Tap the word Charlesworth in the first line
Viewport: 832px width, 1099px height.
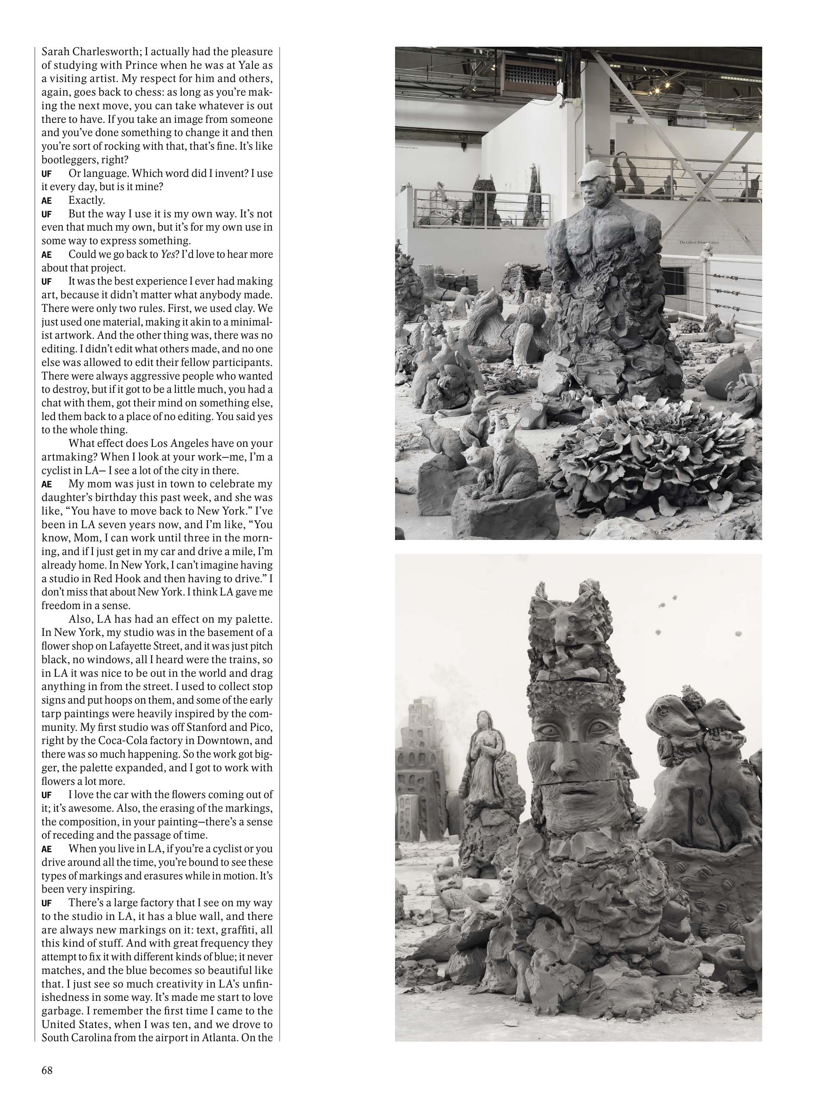click(x=95, y=51)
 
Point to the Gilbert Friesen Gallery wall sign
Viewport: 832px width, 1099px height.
click(x=699, y=242)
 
